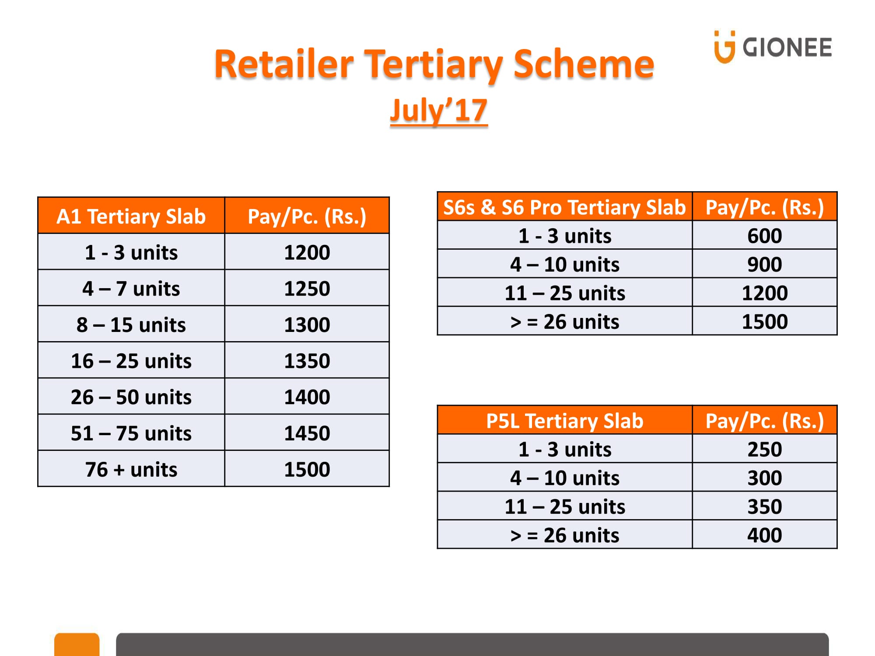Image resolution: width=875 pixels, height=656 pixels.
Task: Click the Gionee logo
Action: pyautogui.click(x=773, y=47)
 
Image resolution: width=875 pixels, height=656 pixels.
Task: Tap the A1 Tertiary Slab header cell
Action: pyautogui.click(x=131, y=216)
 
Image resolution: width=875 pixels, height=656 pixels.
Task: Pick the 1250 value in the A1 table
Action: pyautogui.click(x=307, y=289)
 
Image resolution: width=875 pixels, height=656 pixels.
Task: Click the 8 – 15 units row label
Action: pyautogui.click(x=131, y=325)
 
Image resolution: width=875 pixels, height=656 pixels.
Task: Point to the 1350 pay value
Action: pyautogui.click(x=307, y=361)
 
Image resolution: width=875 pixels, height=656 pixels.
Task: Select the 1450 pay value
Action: pyautogui.click(x=307, y=433)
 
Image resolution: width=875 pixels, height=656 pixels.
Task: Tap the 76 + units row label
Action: pyautogui.click(x=131, y=469)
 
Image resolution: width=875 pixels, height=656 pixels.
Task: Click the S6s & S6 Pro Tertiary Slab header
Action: pyautogui.click(x=565, y=207)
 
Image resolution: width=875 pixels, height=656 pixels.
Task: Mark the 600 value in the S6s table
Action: pyautogui.click(x=765, y=236)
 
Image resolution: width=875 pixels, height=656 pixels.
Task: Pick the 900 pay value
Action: pyautogui.click(x=765, y=264)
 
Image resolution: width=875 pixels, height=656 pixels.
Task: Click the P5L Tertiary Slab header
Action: pyautogui.click(x=565, y=421)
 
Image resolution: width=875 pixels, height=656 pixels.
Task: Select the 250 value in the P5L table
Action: pyautogui.click(x=765, y=449)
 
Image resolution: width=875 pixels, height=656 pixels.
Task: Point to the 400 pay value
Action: pyautogui.click(x=765, y=535)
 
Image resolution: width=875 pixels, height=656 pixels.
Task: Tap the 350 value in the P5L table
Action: pyautogui.click(x=765, y=506)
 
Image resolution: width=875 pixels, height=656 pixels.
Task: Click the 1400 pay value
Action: pyautogui.click(x=307, y=397)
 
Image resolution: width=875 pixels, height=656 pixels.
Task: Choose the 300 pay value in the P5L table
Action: pyautogui.click(x=765, y=478)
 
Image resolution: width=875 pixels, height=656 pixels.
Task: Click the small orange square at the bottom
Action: pyautogui.click(x=77, y=644)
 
